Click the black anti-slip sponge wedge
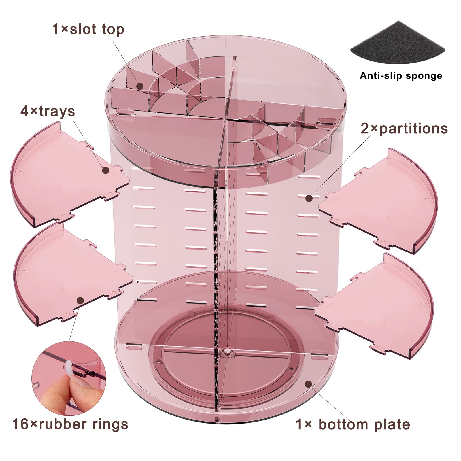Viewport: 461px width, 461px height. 398,43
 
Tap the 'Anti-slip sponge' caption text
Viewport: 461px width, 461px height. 401,76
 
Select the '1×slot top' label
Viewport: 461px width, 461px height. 88,29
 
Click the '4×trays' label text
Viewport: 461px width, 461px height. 48,111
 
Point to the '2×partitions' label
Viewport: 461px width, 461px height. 404,129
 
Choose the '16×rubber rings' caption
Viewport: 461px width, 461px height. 70,424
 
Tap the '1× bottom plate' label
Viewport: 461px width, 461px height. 353,424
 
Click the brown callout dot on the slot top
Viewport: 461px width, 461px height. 140,86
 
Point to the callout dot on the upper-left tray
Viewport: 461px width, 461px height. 106,171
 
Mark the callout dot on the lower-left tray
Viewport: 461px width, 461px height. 81,301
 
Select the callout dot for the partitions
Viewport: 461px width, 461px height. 309,198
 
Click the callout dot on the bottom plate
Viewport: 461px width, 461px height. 309,384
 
